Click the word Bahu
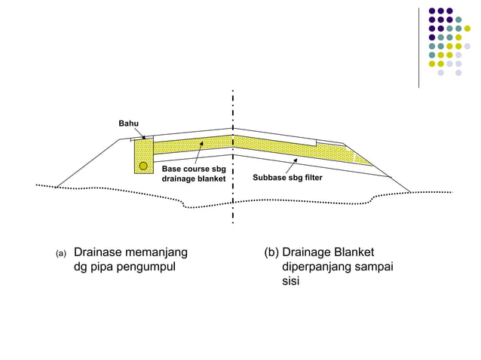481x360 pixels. click(128, 123)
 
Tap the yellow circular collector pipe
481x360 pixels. click(143, 166)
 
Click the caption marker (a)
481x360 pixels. click(61, 253)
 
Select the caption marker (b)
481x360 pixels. click(271, 252)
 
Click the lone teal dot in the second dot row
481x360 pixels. click(458, 20)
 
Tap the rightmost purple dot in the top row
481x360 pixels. click(449, 11)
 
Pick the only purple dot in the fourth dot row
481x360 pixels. click(431, 37)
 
